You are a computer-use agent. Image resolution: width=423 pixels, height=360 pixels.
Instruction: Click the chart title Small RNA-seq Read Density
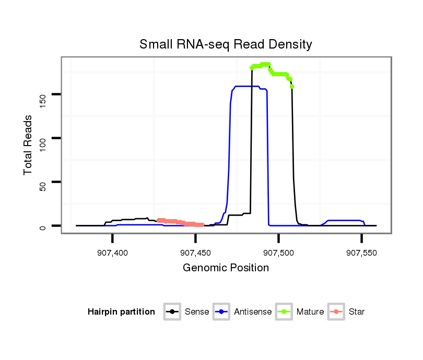tap(226, 44)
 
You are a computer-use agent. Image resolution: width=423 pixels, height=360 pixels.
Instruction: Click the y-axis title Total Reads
tap(28, 144)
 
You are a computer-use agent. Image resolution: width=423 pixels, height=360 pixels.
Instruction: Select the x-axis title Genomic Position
tap(226, 268)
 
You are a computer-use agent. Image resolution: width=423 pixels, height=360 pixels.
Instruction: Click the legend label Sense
tap(197, 312)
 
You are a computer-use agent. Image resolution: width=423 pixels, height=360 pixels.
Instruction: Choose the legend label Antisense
tap(253, 312)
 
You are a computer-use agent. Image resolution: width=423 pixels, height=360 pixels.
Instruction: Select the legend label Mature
tap(310, 312)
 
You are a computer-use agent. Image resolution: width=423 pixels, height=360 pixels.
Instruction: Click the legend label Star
tap(356, 312)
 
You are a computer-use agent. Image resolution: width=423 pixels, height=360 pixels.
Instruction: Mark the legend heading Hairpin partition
tap(121, 312)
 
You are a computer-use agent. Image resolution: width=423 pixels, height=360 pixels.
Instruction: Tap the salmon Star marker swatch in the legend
tap(337, 312)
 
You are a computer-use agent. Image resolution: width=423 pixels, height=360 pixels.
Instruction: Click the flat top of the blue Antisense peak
tap(248, 86)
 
